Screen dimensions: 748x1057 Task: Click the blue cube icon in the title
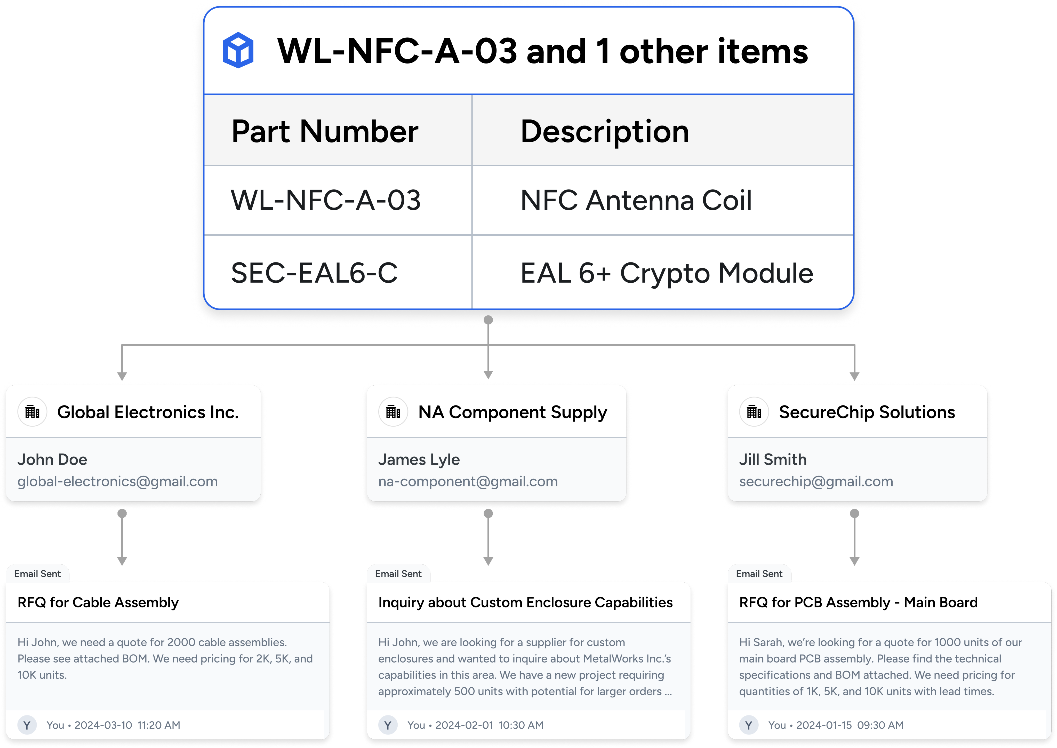(238, 50)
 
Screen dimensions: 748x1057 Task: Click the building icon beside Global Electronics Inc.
(32, 412)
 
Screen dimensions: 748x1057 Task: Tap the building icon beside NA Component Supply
(393, 412)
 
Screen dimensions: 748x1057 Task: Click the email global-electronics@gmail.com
(117, 481)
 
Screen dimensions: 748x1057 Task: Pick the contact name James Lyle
(419, 459)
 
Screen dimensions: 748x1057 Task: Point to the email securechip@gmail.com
(816, 481)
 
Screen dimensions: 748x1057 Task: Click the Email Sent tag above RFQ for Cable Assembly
(37, 574)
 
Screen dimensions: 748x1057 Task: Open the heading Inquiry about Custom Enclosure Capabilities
(525, 602)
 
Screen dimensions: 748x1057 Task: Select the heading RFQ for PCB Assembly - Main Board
(858, 602)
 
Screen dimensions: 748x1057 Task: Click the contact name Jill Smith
(773, 459)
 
